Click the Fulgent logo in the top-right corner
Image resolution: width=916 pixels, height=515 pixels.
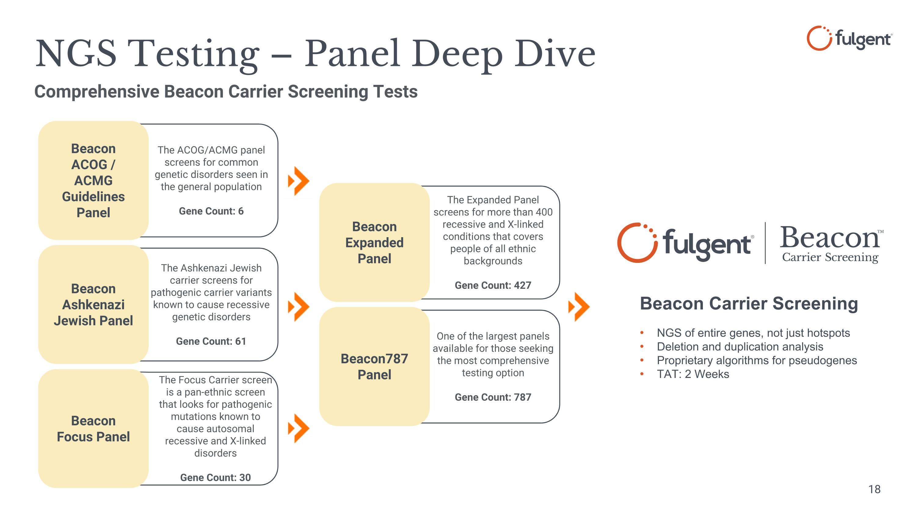coord(849,38)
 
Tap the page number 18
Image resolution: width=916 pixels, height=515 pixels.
coord(874,489)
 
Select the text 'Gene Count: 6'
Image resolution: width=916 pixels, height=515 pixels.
coord(211,211)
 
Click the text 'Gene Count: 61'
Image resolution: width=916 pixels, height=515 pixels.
coord(211,341)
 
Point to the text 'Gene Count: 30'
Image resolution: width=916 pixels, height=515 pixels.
coord(216,477)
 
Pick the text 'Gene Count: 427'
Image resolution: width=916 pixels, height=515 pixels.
coord(493,285)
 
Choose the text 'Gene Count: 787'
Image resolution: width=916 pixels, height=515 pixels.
coord(493,397)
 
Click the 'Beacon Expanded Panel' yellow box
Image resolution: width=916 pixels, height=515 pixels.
coord(374,242)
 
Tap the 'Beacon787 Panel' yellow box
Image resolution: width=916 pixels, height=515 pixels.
coord(374,366)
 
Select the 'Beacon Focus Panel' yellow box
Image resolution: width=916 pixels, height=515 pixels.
coord(93,428)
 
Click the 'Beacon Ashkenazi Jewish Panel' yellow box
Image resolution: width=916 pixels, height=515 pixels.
coord(93,304)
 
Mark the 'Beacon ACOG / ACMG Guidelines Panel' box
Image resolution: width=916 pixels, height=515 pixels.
coord(93,180)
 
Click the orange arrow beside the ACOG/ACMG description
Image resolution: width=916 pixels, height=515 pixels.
coord(299,181)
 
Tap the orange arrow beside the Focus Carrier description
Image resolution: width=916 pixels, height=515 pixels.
coord(299,428)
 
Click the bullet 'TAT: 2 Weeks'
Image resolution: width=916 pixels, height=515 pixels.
coord(693,374)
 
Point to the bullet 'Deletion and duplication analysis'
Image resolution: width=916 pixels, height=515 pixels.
coord(740,346)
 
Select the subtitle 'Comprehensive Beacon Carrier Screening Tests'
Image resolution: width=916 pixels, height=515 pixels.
coord(226,92)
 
